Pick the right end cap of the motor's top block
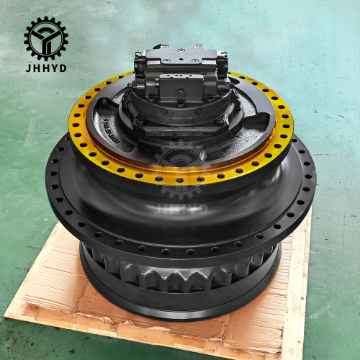[222, 61]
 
